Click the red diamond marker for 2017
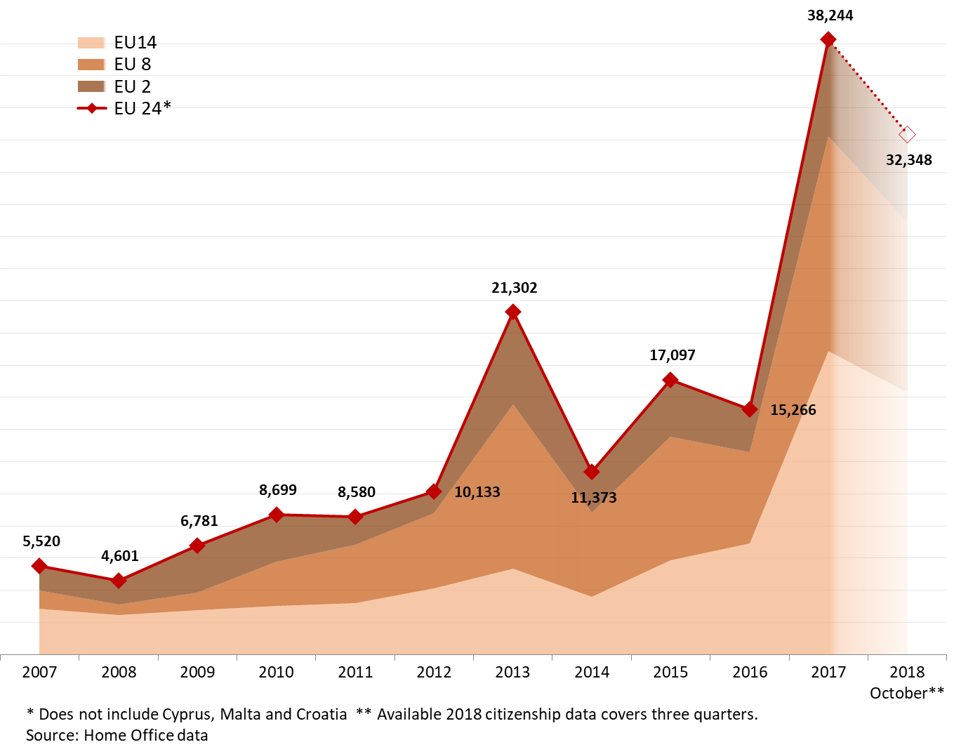click(x=828, y=39)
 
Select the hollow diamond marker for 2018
click(x=907, y=134)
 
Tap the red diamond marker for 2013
click(x=513, y=312)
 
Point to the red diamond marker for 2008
click(x=119, y=581)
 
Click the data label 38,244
click(x=830, y=15)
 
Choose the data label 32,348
click(x=908, y=160)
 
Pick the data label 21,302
click(x=514, y=288)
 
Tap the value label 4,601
click(x=119, y=556)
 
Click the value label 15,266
click(x=793, y=410)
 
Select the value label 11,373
click(x=593, y=498)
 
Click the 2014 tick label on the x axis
click(x=592, y=672)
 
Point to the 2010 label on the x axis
click(x=276, y=672)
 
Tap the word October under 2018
click(x=898, y=693)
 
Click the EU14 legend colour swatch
click(x=91, y=43)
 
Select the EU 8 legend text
click(x=132, y=65)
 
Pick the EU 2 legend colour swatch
click(x=91, y=86)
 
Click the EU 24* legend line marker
click(x=91, y=108)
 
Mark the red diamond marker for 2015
click(x=670, y=380)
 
